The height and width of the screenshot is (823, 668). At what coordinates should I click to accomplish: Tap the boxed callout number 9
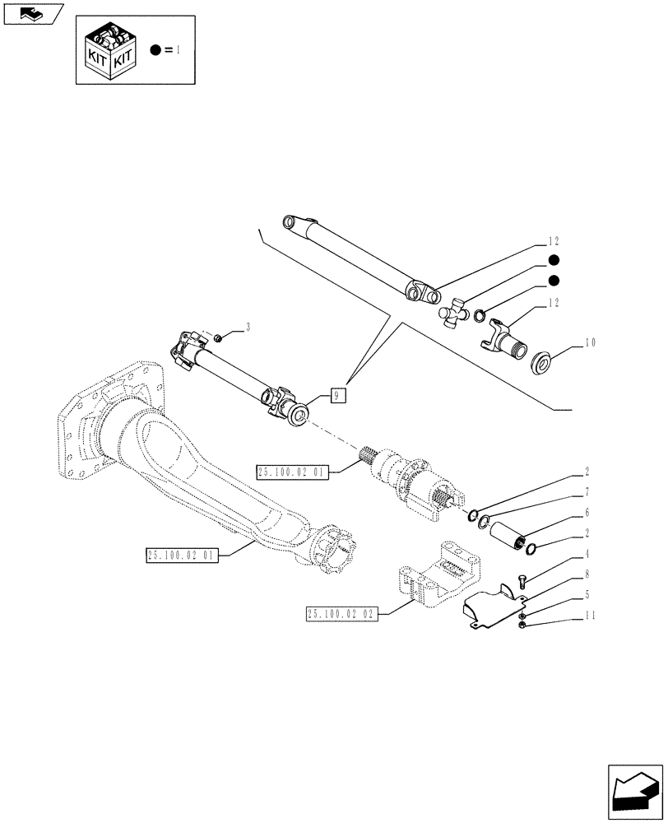337,395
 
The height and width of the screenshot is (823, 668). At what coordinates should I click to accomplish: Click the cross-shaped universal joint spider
454,314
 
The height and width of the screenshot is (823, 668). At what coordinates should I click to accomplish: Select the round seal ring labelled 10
540,361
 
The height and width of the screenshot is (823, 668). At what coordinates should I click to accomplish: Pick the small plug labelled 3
218,337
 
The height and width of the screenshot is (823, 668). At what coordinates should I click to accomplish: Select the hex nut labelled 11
524,629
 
